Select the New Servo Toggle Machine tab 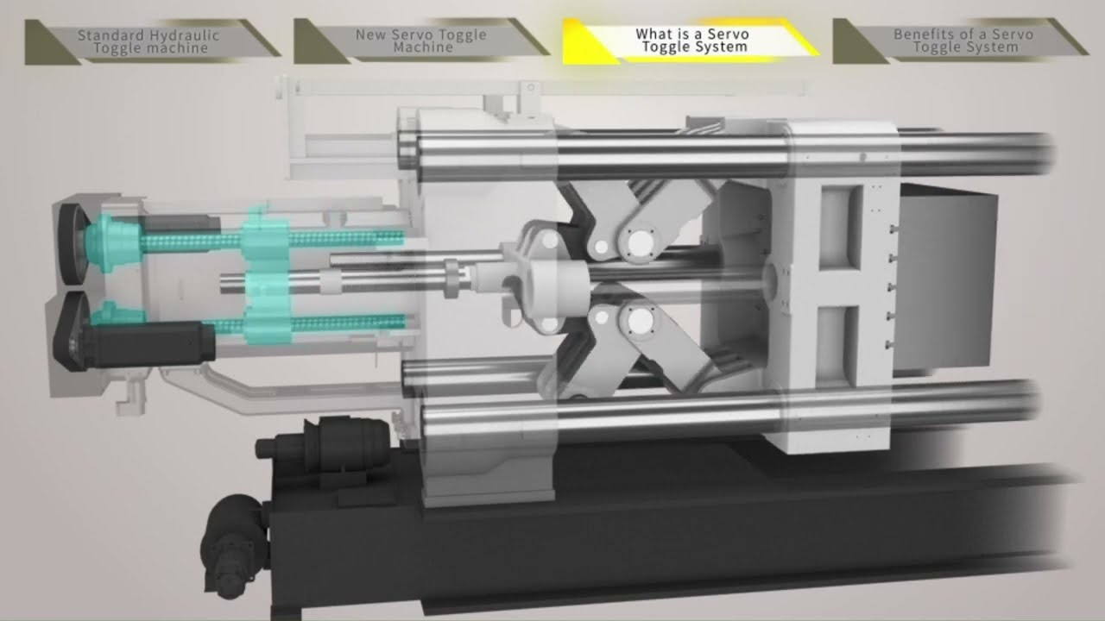pos(422,41)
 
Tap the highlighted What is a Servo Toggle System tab pos(691,41)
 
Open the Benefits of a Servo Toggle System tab pos(961,41)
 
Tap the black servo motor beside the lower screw pos(148,344)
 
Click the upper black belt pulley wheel pos(73,244)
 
